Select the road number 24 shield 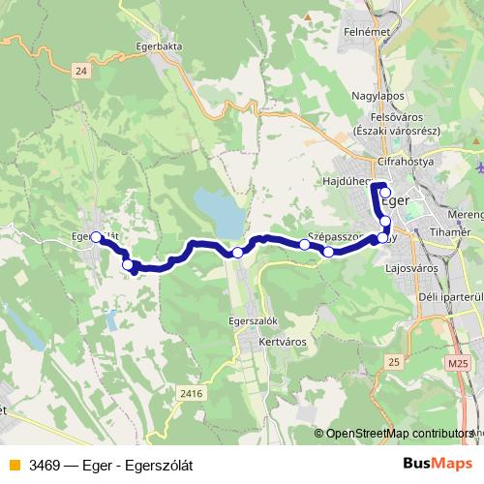click(x=80, y=70)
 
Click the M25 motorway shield click(x=457, y=362)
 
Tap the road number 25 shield click(x=392, y=361)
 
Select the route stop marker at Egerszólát click(x=96, y=235)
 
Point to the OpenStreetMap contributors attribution click(x=399, y=434)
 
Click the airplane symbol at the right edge click(x=481, y=168)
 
